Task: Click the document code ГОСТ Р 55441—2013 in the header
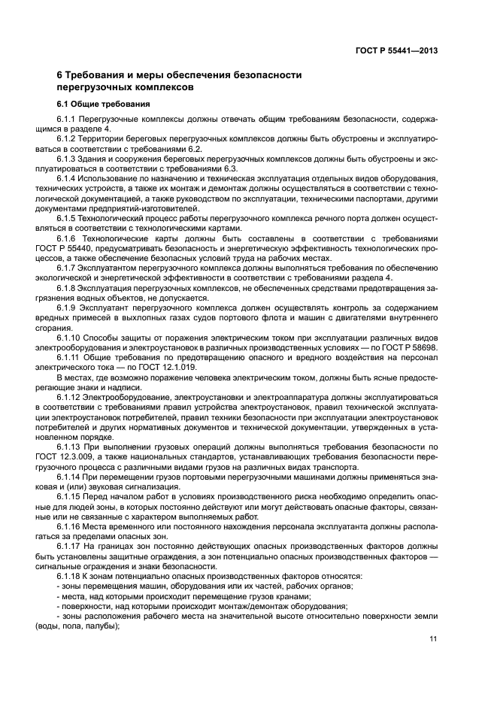[395, 51]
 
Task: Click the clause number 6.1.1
[67, 120]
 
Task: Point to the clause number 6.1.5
[67, 217]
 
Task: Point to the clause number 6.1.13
[69, 445]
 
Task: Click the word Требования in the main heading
[94, 74]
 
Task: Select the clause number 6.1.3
[67, 159]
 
